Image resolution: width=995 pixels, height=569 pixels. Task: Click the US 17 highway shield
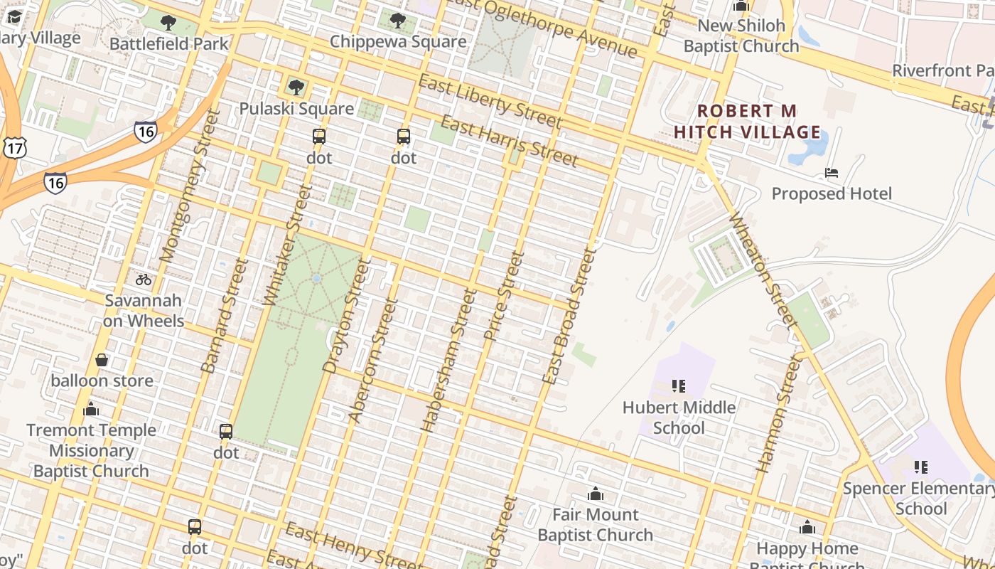tap(14, 147)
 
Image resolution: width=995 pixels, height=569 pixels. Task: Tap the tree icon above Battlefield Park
tap(168, 23)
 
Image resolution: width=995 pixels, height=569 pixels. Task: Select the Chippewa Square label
tap(398, 41)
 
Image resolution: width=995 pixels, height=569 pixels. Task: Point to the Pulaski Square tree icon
tap(296, 87)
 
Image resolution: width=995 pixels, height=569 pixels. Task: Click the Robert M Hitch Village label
tap(747, 122)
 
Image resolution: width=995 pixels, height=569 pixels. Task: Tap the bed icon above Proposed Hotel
tap(831, 172)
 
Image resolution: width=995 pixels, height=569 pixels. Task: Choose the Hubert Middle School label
tap(679, 418)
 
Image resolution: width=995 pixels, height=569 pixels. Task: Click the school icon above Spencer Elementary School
tap(921, 467)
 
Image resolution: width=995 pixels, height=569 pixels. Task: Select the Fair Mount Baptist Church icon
tap(595, 494)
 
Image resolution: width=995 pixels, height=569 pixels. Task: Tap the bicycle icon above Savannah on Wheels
tap(144, 280)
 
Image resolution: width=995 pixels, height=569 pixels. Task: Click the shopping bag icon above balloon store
tap(102, 360)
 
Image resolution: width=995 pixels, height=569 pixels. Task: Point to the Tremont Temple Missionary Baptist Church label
tap(91, 450)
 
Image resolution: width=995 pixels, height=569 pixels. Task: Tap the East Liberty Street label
tap(490, 102)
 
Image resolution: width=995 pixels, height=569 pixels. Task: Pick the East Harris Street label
tap(508, 140)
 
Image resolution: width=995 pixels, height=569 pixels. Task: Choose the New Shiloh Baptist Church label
tap(741, 36)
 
